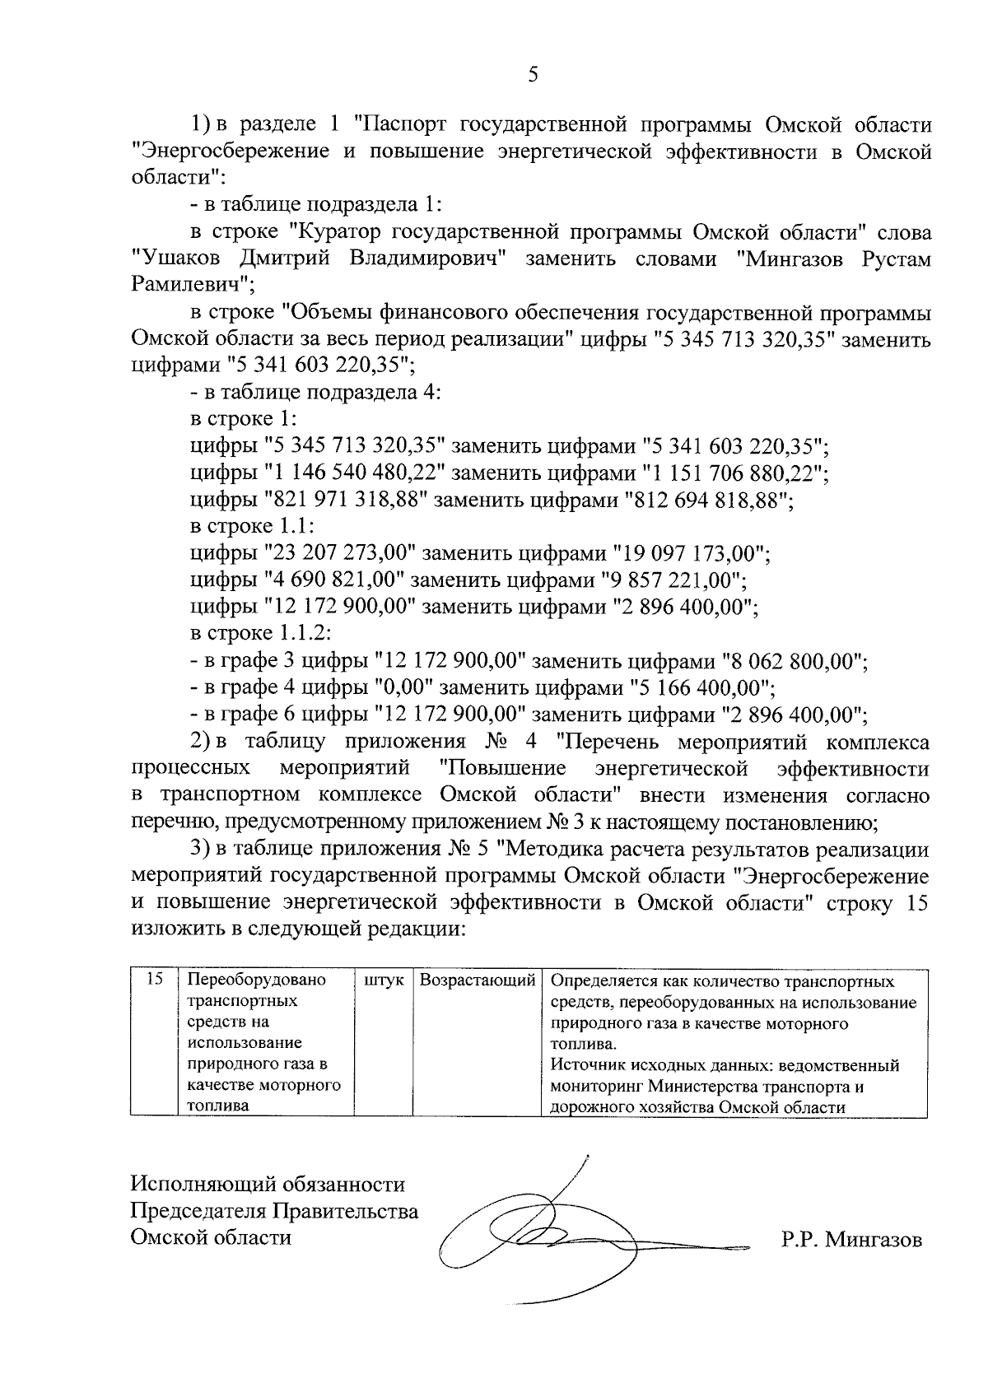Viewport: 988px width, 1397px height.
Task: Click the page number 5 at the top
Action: click(533, 76)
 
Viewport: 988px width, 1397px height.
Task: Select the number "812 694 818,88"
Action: click(708, 501)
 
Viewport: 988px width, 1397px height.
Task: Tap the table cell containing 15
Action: click(154, 980)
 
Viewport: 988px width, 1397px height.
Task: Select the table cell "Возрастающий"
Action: click(477, 981)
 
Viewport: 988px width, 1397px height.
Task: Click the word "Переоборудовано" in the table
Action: click(256, 980)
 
